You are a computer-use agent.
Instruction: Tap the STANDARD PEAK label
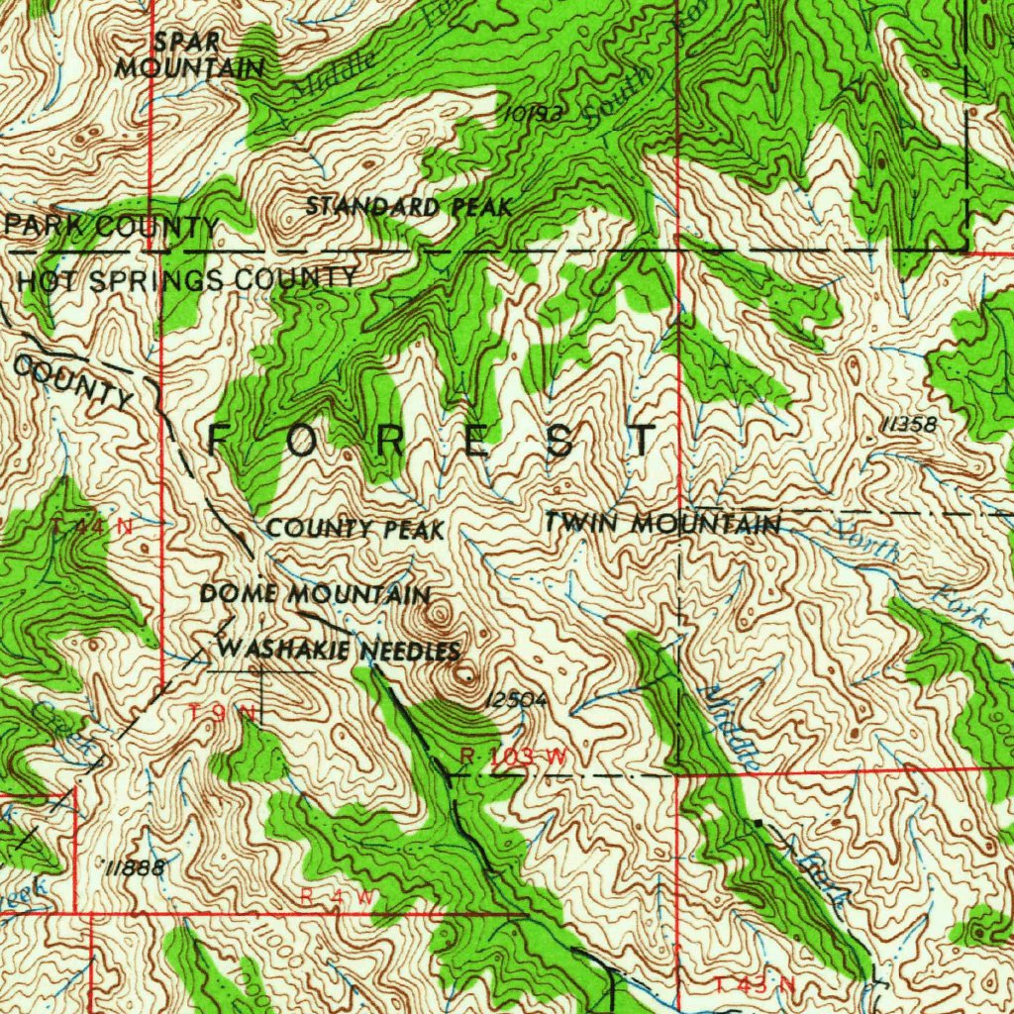tap(408, 207)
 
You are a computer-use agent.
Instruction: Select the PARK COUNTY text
tap(111, 227)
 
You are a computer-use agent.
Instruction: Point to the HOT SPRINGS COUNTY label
tap(187, 279)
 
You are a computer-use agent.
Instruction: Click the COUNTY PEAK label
tap(355, 530)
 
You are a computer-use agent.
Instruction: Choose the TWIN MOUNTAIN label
tap(662, 523)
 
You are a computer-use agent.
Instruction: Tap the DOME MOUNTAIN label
tap(315, 595)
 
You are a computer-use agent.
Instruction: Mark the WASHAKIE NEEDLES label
tap(339, 651)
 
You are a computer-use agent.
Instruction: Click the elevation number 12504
tap(516, 699)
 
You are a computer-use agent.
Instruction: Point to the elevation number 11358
tap(907, 425)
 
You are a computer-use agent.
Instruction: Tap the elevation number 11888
tap(135, 867)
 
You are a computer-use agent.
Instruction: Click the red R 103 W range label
tap(514, 757)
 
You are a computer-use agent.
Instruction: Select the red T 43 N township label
tap(755, 984)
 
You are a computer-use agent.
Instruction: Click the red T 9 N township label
tap(223, 712)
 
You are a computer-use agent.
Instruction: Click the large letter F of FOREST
tap(221, 439)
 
